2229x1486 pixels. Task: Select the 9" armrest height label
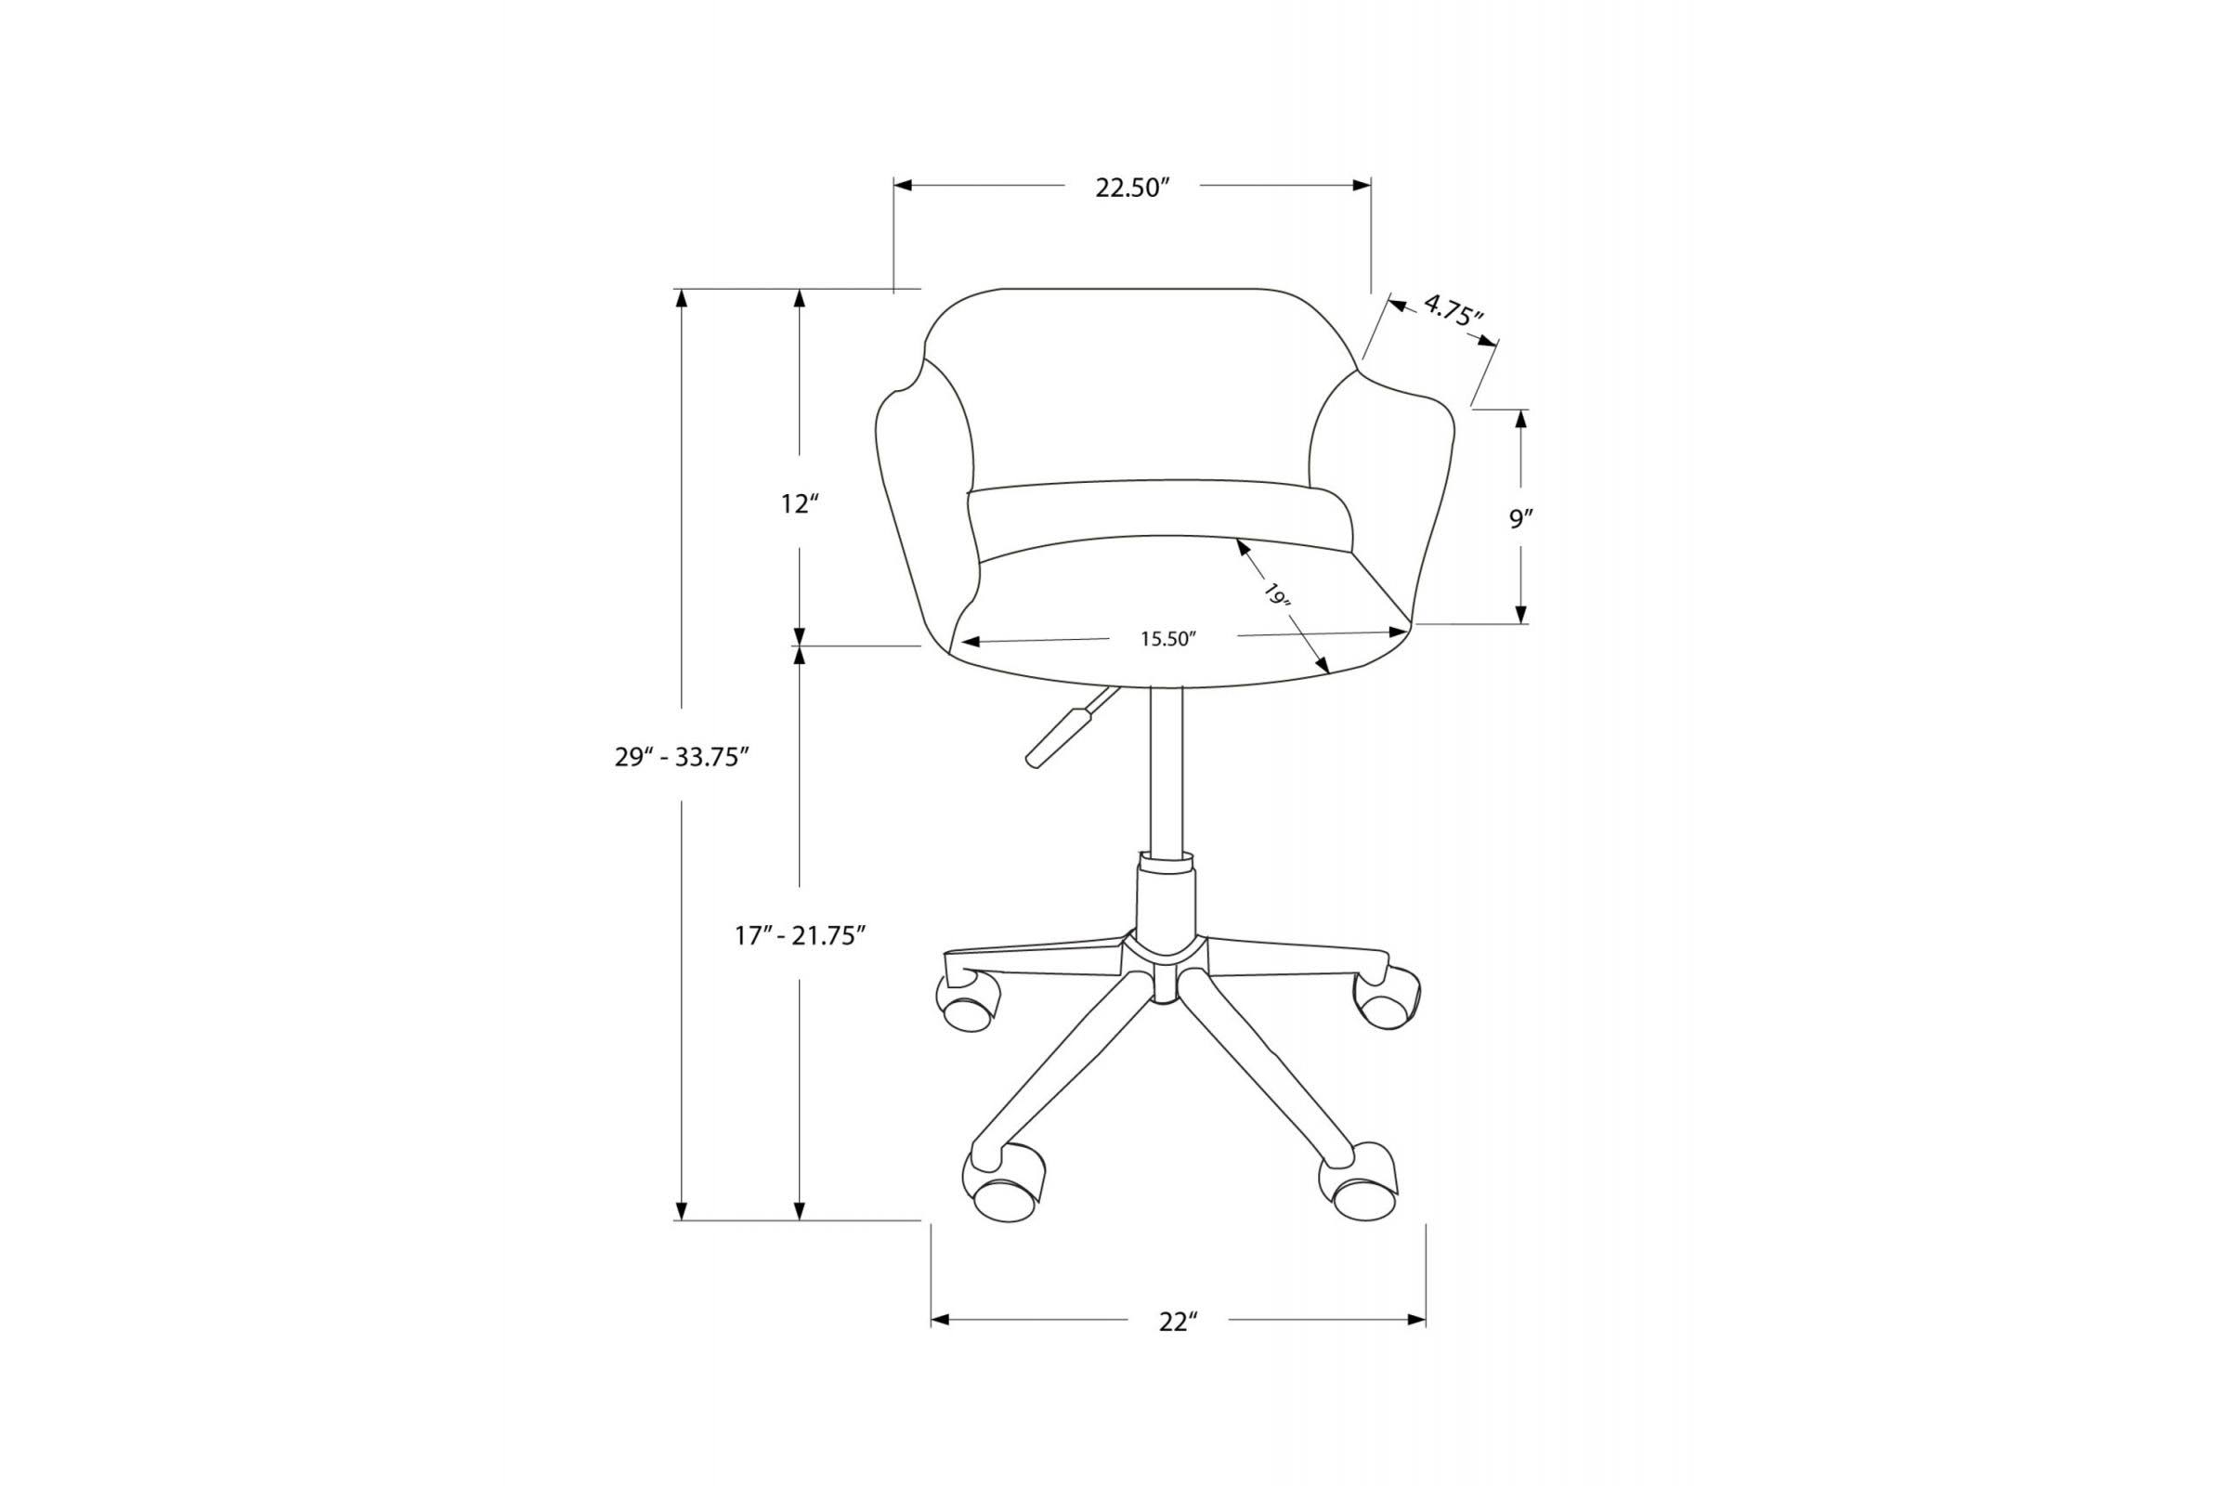coord(1521,518)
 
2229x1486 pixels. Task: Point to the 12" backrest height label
coord(799,504)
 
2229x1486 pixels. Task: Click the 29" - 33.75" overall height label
coord(683,757)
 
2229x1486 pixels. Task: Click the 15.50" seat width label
coord(1168,639)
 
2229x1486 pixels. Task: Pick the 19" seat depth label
coord(1276,596)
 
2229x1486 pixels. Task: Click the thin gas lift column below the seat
coord(1166,768)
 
